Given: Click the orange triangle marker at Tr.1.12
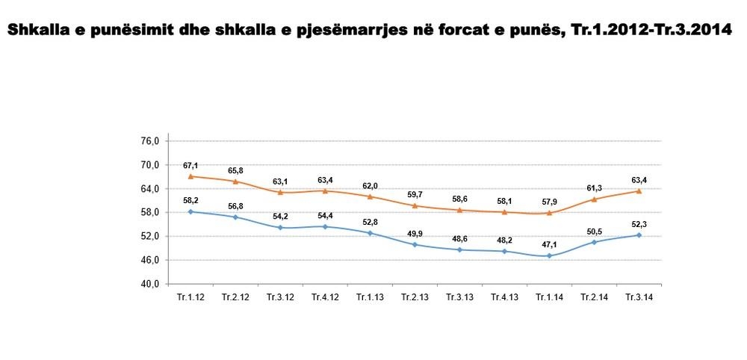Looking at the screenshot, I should (x=191, y=176).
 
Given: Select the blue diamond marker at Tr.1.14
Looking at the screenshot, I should (x=549, y=255).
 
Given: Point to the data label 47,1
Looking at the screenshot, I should (x=549, y=243).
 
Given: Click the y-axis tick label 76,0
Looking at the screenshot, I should (x=151, y=141).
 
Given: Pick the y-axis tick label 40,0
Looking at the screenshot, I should (x=151, y=284).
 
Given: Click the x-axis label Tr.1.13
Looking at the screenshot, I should (x=370, y=297).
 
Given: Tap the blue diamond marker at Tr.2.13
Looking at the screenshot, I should (x=415, y=244).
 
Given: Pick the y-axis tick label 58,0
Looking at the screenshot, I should (x=151, y=212).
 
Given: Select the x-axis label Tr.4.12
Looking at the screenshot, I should (x=326, y=297).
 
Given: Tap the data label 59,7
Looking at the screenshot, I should (x=415, y=193).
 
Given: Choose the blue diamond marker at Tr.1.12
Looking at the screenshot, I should (x=191, y=211).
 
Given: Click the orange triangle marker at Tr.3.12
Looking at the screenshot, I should (x=280, y=192).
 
